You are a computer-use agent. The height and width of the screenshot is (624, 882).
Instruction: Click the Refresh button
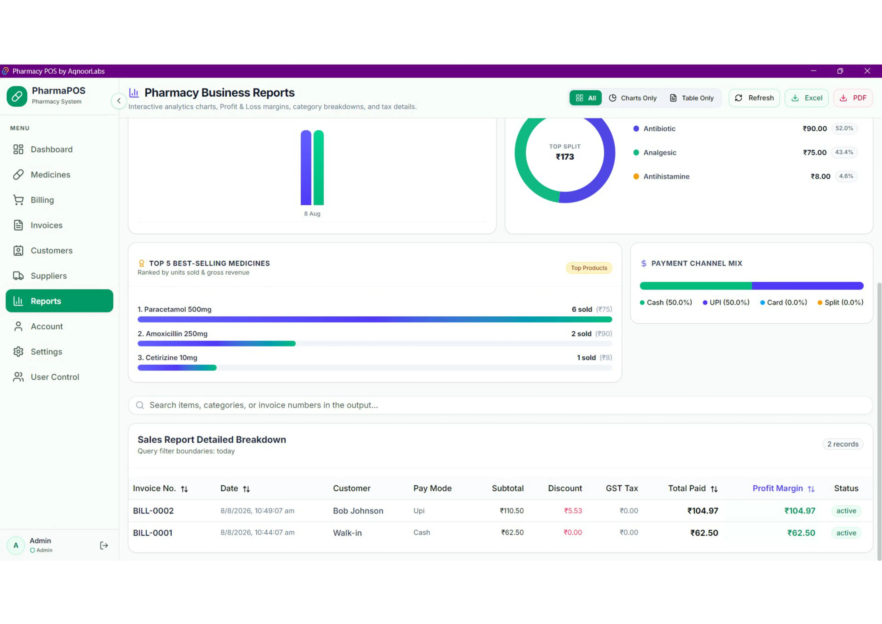click(754, 98)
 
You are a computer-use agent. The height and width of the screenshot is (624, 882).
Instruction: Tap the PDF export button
click(853, 98)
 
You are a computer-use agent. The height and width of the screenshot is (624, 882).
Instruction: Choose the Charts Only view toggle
click(633, 98)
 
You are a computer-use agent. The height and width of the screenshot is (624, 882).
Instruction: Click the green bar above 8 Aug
click(318, 168)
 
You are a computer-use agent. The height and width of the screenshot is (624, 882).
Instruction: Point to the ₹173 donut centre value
click(565, 157)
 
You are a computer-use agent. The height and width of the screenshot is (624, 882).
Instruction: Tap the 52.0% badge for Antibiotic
click(844, 128)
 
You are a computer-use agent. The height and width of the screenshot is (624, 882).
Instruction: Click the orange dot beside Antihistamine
click(636, 176)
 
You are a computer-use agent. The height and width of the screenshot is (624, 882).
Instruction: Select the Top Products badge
click(589, 268)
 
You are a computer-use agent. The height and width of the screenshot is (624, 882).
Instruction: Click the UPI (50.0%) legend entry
click(726, 303)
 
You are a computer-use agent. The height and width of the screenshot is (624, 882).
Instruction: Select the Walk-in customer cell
click(347, 533)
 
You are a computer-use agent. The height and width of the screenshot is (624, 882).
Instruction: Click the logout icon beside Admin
click(104, 545)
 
